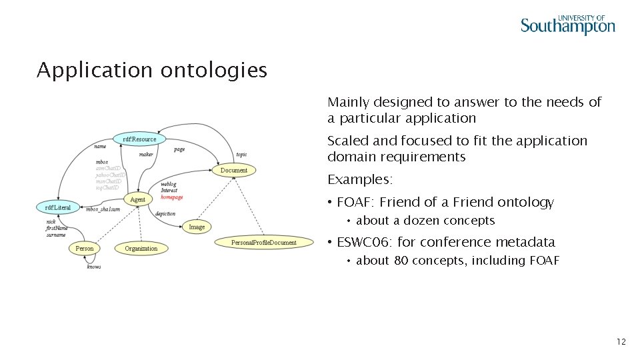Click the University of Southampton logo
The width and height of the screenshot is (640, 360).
coord(567,25)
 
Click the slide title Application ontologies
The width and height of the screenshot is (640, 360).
coord(152,70)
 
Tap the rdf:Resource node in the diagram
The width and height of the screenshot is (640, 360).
coord(139,139)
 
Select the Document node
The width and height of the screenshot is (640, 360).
coord(233,170)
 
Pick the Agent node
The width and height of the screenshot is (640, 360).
coord(138,199)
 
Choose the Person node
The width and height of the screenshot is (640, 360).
coord(85,249)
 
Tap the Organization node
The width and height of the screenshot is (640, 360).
coord(141,249)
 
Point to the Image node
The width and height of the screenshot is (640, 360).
coord(197,227)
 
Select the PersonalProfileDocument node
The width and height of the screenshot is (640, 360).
coord(264,242)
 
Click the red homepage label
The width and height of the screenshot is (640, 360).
coord(172,197)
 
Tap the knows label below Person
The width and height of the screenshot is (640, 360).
coord(94,267)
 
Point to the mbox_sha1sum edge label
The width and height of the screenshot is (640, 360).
coord(103,209)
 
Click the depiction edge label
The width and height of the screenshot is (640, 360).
coord(165,214)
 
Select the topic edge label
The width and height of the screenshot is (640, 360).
coord(241,154)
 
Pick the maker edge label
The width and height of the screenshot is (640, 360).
coord(146,154)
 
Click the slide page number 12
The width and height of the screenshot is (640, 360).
coord(621,342)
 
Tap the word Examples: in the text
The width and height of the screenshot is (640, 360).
coord(360,180)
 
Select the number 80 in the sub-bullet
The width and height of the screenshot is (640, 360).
coord(401,261)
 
